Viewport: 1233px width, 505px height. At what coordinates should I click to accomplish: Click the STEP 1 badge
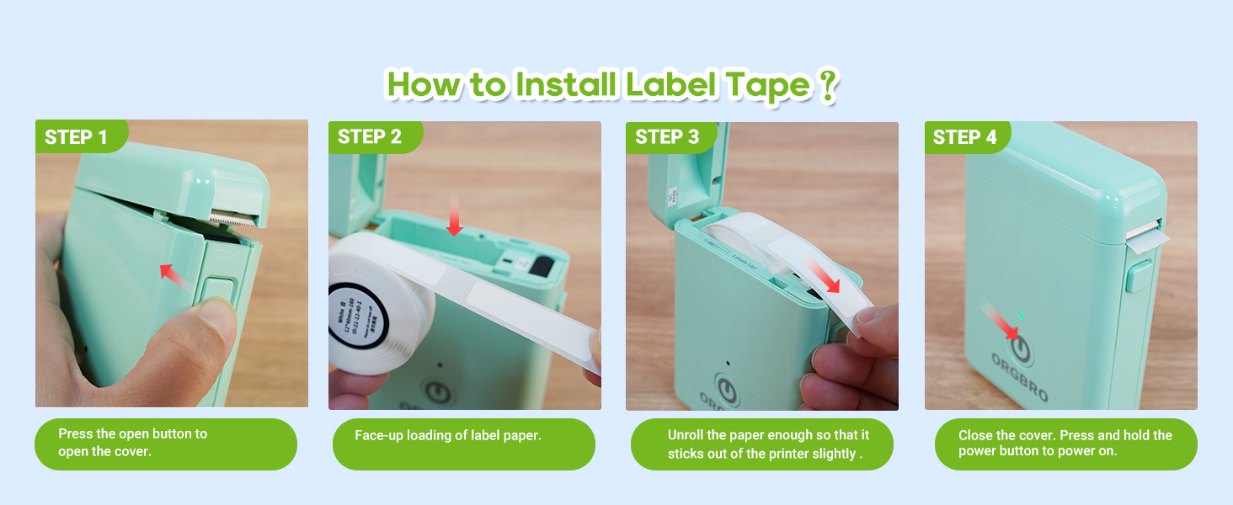click(x=77, y=137)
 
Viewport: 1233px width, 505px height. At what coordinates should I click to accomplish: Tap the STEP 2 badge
click(x=371, y=137)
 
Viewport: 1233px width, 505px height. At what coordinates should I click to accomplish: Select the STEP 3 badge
click(x=668, y=137)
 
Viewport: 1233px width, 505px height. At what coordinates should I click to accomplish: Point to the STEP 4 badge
click(x=965, y=137)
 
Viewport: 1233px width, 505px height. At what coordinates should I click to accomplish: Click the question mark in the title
click(x=827, y=87)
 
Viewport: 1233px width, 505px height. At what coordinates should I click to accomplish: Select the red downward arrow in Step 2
click(x=455, y=216)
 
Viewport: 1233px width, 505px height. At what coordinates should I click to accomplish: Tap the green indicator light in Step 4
click(x=1021, y=316)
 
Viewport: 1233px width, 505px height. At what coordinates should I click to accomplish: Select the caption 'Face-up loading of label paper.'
click(x=447, y=436)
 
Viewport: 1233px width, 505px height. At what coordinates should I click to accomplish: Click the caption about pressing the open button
click(x=132, y=442)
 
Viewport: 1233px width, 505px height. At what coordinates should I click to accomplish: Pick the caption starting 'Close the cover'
click(x=1065, y=443)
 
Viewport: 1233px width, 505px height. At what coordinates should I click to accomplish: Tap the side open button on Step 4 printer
click(x=1140, y=276)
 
